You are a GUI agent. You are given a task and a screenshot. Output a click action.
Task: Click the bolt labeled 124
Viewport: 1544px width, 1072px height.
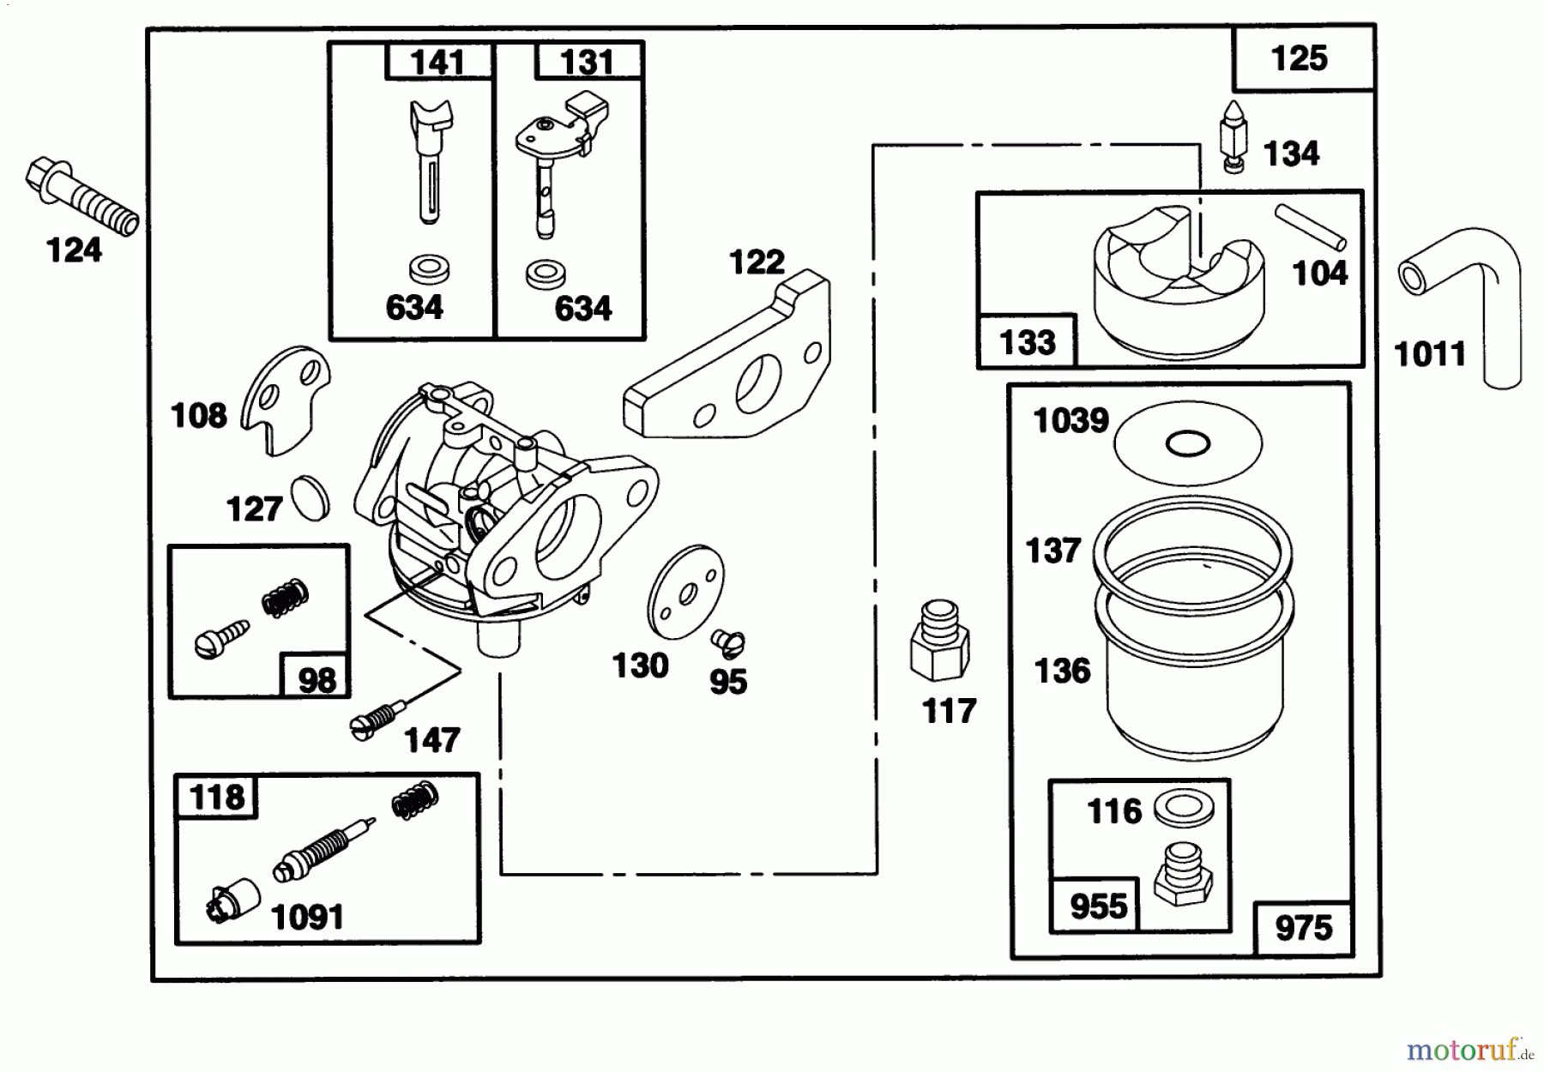tap(81, 196)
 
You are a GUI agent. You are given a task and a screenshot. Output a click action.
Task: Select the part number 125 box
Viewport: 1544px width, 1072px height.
tap(1300, 58)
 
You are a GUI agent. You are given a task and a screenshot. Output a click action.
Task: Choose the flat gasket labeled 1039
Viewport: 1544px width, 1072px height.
tap(1188, 443)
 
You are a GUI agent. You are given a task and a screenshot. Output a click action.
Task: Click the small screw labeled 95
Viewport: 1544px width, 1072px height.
tap(728, 641)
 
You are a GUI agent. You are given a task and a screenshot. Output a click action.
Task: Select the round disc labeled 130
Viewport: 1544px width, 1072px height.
tap(685, 592)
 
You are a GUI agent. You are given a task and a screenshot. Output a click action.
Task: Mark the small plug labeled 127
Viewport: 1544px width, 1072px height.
tap(311, 497)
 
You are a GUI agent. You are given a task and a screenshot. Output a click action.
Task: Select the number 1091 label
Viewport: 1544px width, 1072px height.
tap(307, 917)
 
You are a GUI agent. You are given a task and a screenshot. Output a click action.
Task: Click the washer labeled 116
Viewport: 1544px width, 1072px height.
tap(1182, 808)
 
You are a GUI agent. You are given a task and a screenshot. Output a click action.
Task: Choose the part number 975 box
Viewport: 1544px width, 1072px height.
tap(1303, 928)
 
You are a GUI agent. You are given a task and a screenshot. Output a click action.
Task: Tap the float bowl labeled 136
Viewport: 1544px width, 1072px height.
tap(1194, 678)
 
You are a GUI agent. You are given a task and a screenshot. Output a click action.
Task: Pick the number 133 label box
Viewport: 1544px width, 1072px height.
tap(1027, 342)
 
